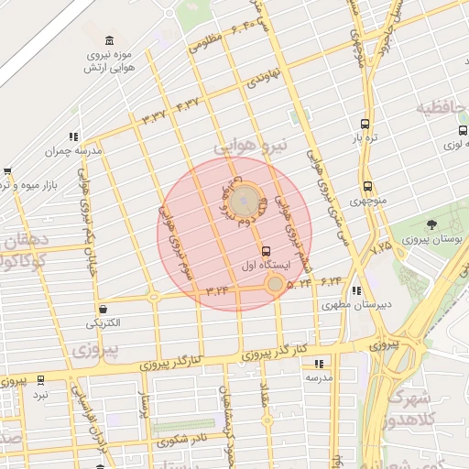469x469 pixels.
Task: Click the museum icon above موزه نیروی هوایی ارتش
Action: click(110, 42)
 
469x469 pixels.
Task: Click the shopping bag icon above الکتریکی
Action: click(103, 309)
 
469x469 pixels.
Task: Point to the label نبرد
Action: click(40, 394)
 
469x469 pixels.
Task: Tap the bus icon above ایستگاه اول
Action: click(267, 251)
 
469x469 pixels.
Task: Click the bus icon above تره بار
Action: click(365, 123)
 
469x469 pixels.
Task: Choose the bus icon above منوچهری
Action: click(367, 186)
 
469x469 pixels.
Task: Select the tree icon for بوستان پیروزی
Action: click(431, 224)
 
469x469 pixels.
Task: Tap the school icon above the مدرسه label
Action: click(318, 363)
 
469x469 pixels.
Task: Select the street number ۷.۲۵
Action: click(381, 245)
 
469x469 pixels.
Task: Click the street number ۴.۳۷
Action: click(187, 107)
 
